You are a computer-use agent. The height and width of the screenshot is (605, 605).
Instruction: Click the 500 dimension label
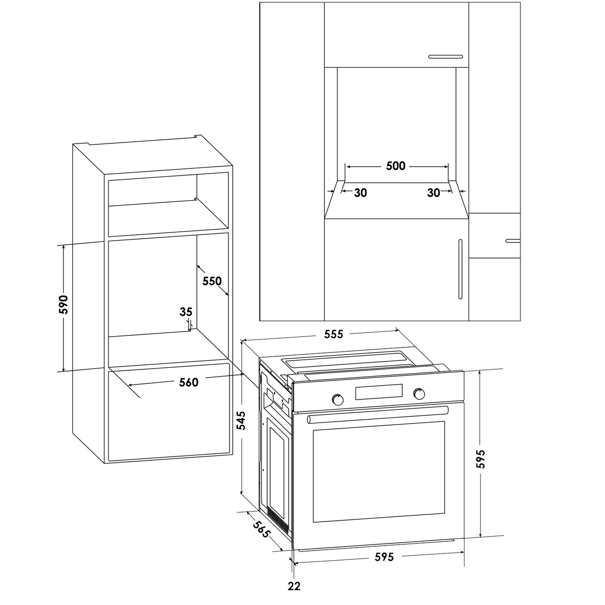click(396, 166)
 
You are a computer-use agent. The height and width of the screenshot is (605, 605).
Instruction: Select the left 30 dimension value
click(360, 193)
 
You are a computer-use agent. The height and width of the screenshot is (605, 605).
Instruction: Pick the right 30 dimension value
click(433, 193)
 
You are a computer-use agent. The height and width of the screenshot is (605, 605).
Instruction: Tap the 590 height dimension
click(63, 304)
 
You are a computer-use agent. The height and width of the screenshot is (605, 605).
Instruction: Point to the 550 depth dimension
click(212, 281)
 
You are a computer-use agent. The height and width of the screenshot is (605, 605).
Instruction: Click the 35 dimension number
click(186, 312)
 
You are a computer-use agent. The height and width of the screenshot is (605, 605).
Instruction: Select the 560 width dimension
click(188, 382)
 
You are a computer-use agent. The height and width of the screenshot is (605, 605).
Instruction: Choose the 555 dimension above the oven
click(334, 334)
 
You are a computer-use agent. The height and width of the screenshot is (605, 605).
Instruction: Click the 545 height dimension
click(241, 421)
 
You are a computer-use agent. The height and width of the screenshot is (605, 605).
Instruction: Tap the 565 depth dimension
click(261, 529)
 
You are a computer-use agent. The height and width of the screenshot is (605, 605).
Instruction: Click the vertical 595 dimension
click(480, 459)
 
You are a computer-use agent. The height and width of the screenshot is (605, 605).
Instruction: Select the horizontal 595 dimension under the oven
click(384, 557)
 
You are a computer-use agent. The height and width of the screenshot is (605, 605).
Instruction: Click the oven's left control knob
click(337, 400)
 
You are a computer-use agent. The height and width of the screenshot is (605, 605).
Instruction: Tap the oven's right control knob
click(419, 394)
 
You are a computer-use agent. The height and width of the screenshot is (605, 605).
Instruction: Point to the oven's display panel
click(379, 392)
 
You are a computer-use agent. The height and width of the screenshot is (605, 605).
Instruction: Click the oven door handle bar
click(378, 415)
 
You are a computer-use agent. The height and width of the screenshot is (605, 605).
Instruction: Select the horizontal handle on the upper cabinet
click(446, 57)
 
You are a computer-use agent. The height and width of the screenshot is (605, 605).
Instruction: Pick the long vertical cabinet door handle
click(460, 269)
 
